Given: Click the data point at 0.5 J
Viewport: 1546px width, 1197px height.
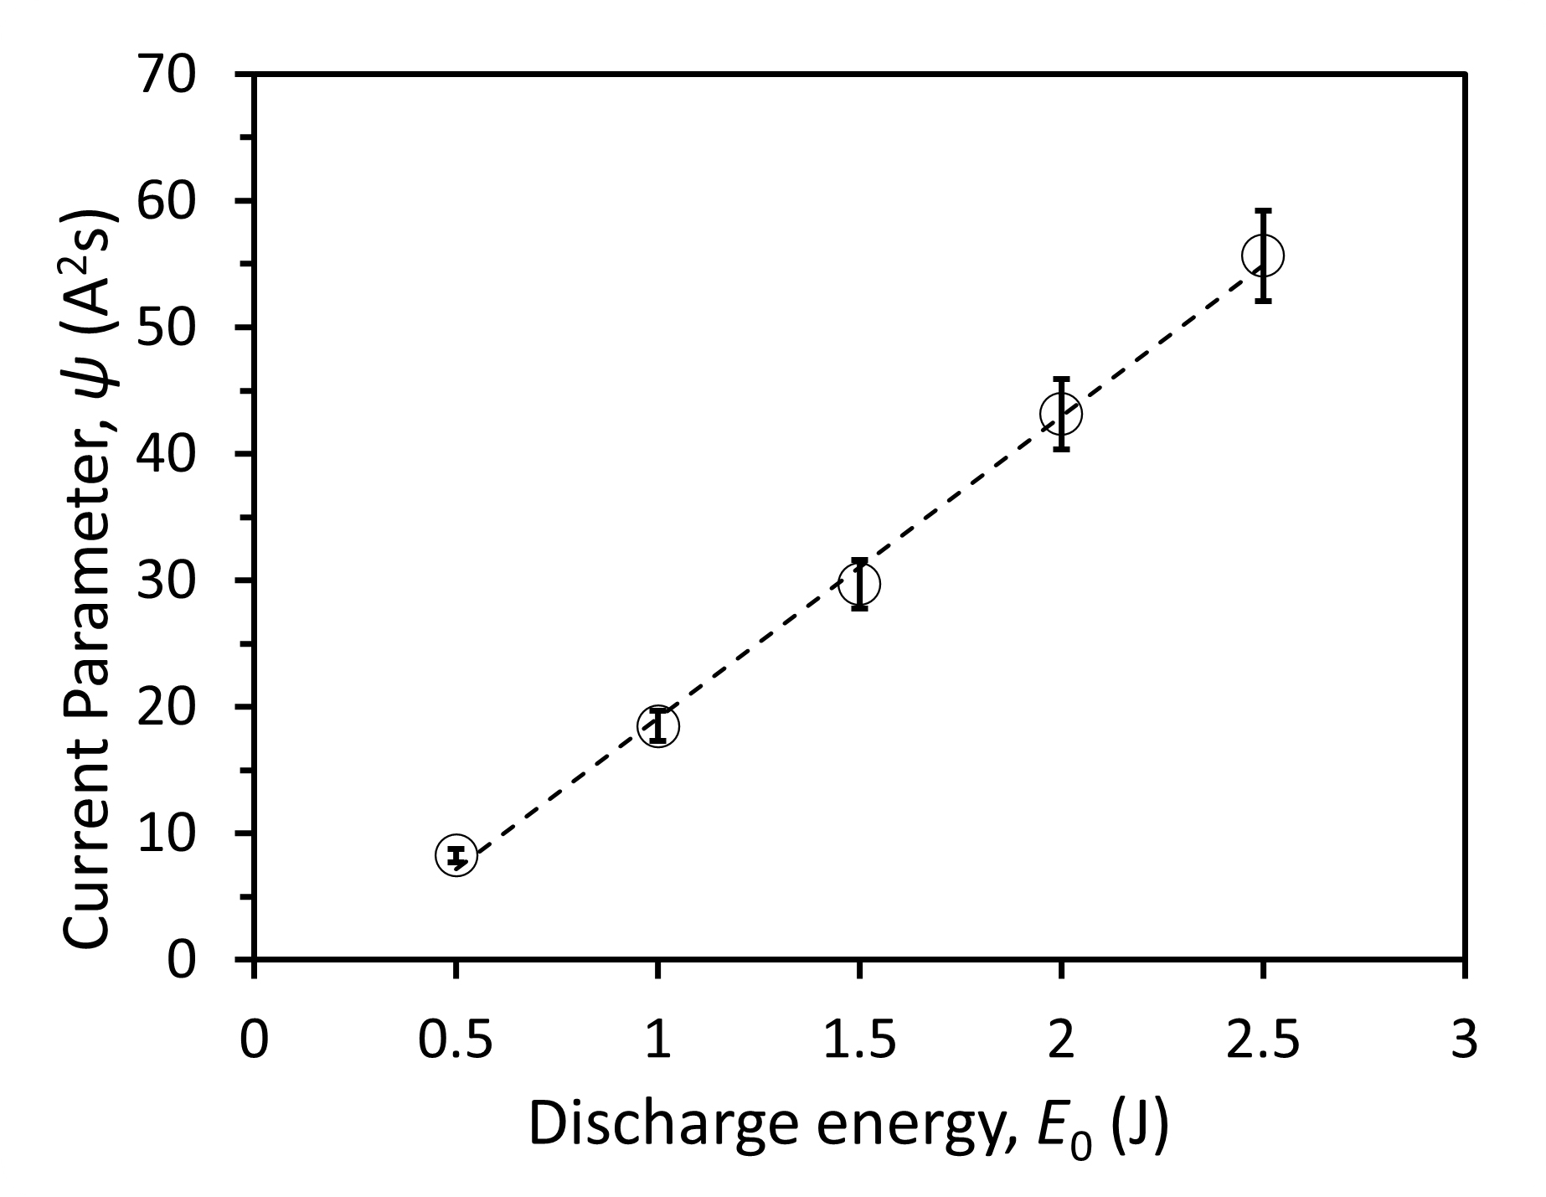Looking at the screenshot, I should [456, 855].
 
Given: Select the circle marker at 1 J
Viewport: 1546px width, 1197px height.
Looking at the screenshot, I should [658, 725].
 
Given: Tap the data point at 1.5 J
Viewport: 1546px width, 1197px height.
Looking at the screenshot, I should [859, 583].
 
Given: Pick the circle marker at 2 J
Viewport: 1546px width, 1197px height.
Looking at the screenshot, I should [1061, 414].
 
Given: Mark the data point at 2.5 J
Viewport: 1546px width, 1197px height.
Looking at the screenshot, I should [1263, 255].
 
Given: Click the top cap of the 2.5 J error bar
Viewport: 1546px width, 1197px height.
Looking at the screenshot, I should [1263, 210].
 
